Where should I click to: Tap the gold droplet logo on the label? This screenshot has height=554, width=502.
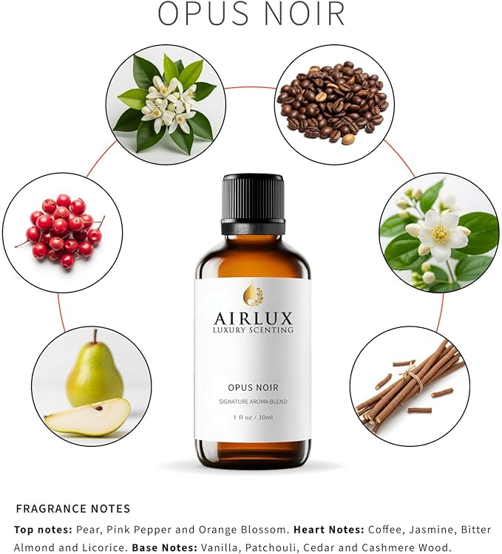point(253,294)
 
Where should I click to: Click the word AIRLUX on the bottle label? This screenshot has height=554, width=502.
point(254,318)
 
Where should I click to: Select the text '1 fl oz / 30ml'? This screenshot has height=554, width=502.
point(253,417)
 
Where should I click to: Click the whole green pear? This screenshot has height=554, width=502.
point(94,374)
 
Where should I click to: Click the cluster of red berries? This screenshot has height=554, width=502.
point(62,228)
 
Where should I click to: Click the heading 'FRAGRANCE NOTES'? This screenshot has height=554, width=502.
point(72,508)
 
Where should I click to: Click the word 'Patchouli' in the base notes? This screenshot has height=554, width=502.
point(280,547)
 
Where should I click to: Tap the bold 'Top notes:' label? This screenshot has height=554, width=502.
point(44,530)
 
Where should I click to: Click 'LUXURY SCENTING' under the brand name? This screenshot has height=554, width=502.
point(254,330)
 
